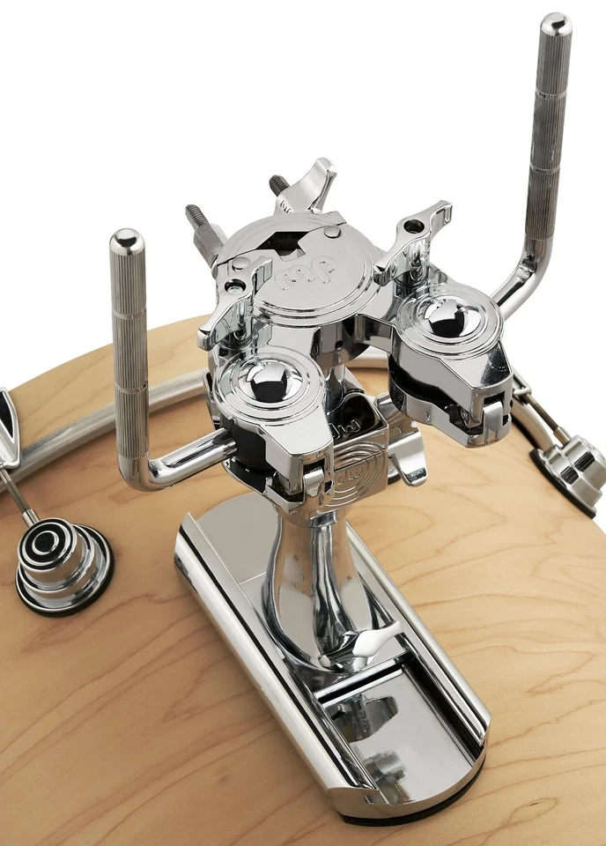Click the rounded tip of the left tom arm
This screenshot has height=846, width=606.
pos(127,240)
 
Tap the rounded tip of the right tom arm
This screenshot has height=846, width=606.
pos(556,24)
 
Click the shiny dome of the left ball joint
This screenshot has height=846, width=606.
pos(265,380)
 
